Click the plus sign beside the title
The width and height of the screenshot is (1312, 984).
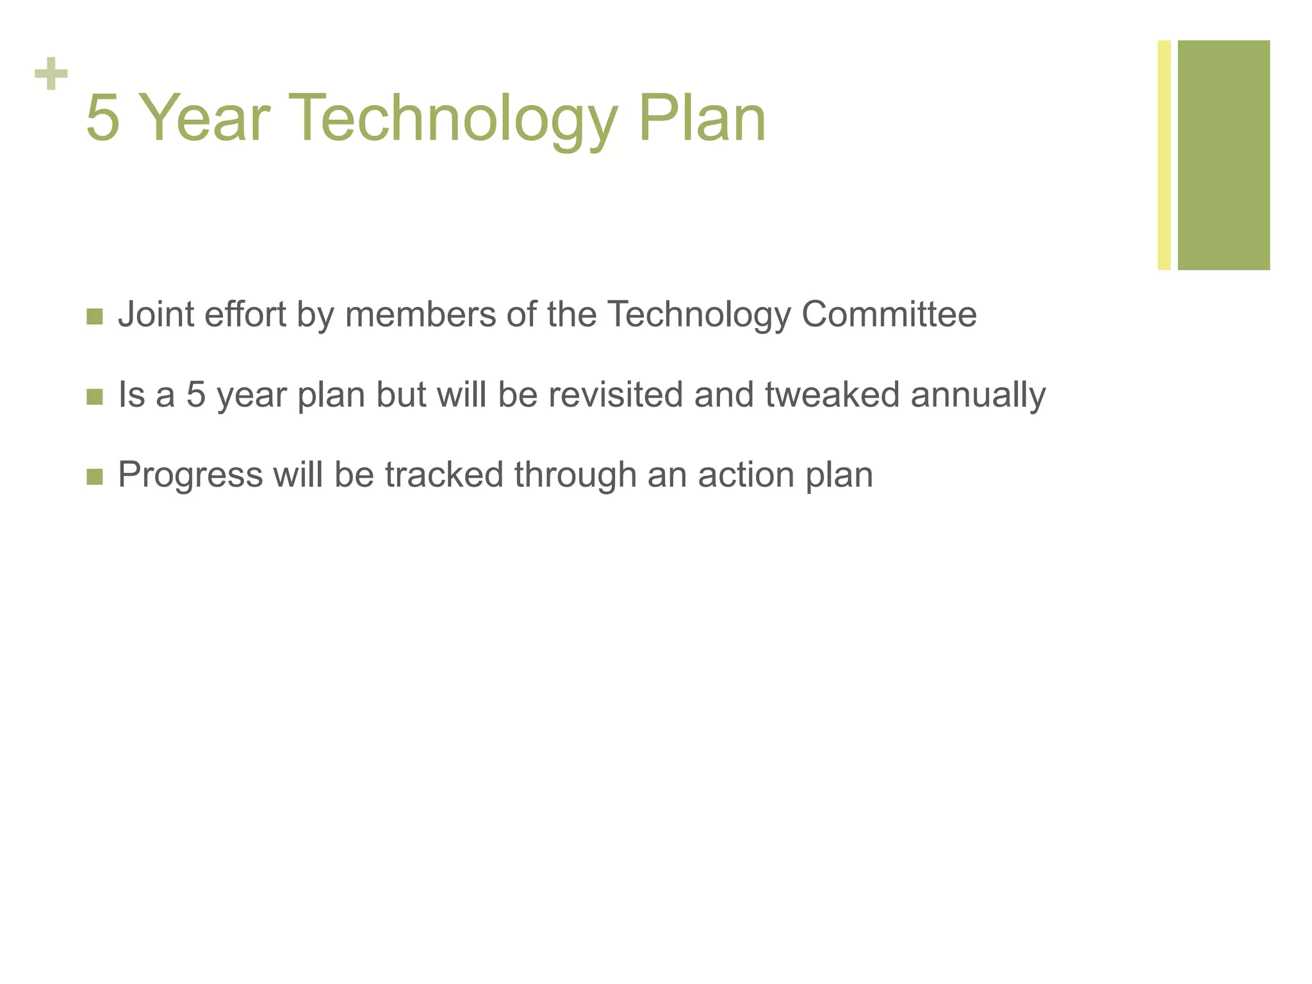tap(51, 74)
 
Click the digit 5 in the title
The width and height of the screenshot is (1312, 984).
tap(102, 119)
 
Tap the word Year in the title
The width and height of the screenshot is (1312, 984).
tap(204, 119)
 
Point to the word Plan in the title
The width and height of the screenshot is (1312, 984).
tap(701, 119)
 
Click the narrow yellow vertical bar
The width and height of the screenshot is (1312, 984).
tap(1164, 155)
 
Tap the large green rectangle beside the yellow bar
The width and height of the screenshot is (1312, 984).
tap(1224, 155)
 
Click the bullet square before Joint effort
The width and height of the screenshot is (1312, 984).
tap(94, 316)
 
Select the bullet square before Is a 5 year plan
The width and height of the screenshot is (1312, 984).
tap(94, 397)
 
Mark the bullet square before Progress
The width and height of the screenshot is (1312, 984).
tap(94, 477)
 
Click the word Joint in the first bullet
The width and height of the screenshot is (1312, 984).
tap(156, 315)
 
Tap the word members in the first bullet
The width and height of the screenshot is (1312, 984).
tap(420, 315)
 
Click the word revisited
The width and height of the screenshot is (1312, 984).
tap(616, 395)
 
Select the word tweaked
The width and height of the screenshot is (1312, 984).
tap(832, 395)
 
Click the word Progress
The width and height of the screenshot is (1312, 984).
tap(190, 476)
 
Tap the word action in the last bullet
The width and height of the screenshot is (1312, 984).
tap(746, 475)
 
